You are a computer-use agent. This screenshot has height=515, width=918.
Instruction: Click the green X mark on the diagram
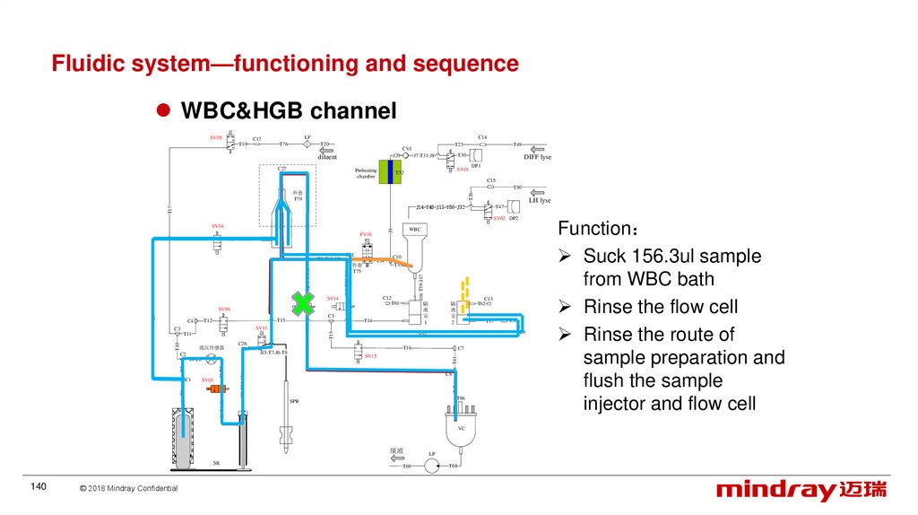(x=303, y=303)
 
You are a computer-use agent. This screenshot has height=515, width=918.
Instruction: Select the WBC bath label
(x=414, y=230)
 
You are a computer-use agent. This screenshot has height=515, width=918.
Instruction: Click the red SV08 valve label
(x=216, y=137)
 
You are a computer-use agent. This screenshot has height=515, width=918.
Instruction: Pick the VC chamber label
(x=462, y=428)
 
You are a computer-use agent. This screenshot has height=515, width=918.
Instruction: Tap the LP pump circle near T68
(x=431, y=465)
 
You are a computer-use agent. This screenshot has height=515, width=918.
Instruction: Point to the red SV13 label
(x=370, y=356)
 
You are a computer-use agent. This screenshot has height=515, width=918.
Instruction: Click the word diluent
(x=326, y=156)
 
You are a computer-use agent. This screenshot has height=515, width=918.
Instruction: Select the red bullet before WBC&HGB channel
(x=164, y=110)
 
